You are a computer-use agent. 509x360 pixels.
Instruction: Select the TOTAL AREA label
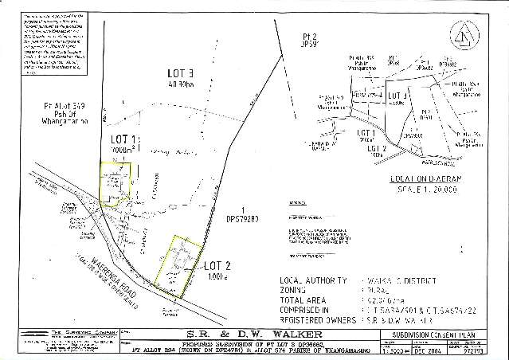click(x=304, y=302)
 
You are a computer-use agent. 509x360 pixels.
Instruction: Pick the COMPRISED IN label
click(x=307, y=311)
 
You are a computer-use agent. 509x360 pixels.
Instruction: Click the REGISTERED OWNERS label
click(x=317, y=321)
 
